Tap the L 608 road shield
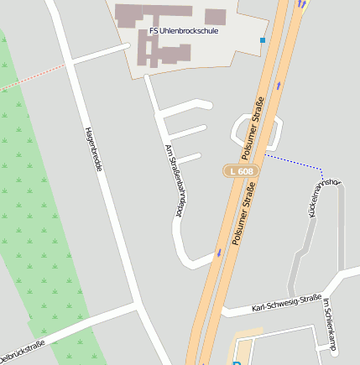[x=240, y=171]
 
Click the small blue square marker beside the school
[x=263, y=39]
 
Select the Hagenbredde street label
[x=94, y=149]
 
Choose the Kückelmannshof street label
[x=323, y=198]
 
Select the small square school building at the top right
[x=216, y=17]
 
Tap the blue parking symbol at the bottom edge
[x=237, y=362]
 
